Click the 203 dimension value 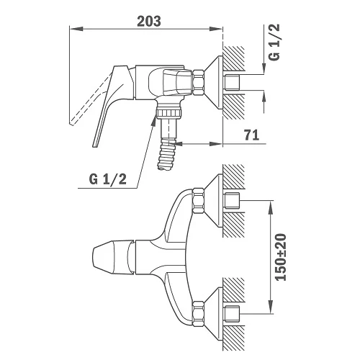pos(149,21)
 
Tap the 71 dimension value pos(251,135)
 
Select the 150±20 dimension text pos(281,257)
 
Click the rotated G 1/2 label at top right pos(274,42)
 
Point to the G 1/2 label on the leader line pos(108,179)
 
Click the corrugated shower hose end pos(167,154)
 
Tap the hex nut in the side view pos(199,82)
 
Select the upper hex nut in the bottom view pos(199,201)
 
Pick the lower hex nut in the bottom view pos(199,314)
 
